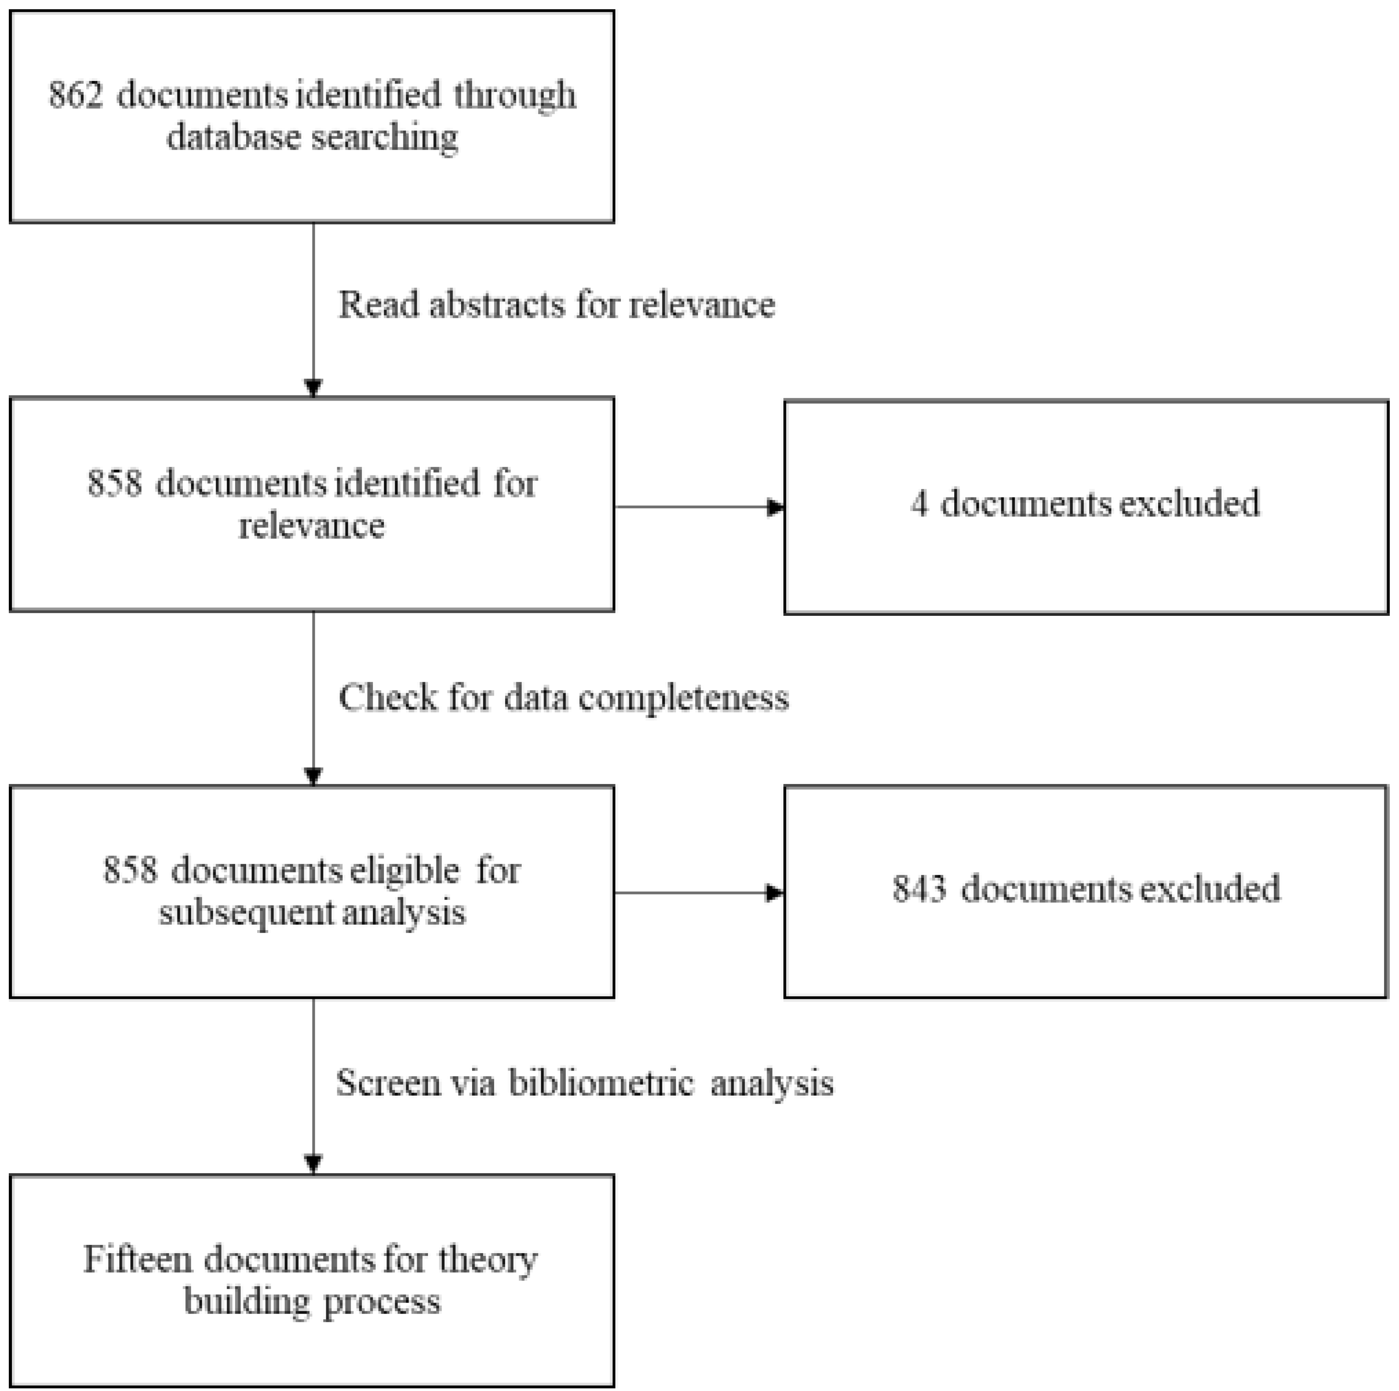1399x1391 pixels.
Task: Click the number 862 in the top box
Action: click(x=75, y=95)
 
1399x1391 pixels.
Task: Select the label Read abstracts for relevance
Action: click(x=556, y=305)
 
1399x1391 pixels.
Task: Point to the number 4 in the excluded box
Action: click(x=919, y=504)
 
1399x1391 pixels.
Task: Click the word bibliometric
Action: click(x=601, y=1083)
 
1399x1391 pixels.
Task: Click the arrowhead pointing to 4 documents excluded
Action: click(x=775, y=507)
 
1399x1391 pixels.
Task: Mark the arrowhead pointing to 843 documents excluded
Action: click(x=775, y=892)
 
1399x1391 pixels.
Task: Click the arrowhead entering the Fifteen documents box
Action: click(x=313, y=1163)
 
